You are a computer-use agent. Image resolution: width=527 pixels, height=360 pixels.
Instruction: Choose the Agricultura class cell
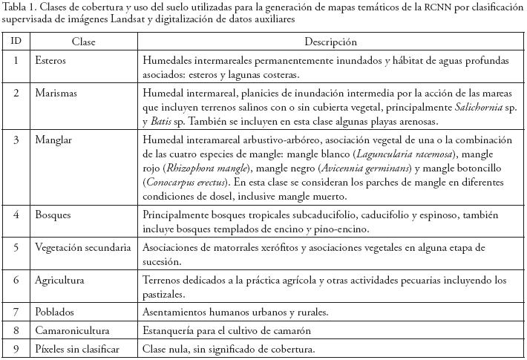coord(59,280)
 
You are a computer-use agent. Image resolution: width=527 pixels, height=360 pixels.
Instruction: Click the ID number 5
coord(16,247)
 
